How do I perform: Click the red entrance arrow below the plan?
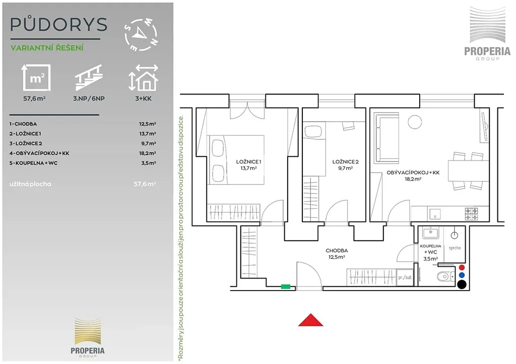310,320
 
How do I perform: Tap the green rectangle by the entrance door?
286,287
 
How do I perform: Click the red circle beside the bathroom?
462,267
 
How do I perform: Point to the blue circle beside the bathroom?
462,276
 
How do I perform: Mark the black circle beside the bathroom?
462,285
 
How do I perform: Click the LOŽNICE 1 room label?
248,161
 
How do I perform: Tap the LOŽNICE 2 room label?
345,161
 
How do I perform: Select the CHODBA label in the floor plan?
337,250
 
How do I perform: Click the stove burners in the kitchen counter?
471,214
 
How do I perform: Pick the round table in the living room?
415,122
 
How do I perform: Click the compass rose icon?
141,35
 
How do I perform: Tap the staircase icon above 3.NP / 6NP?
89,77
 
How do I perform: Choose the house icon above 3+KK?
144,77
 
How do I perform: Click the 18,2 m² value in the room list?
148,153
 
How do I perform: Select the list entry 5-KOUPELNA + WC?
33,163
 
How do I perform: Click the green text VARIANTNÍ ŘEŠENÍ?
47,48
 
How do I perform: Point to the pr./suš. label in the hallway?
405,278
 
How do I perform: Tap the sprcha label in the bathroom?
455,248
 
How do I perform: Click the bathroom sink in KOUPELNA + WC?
430,233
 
